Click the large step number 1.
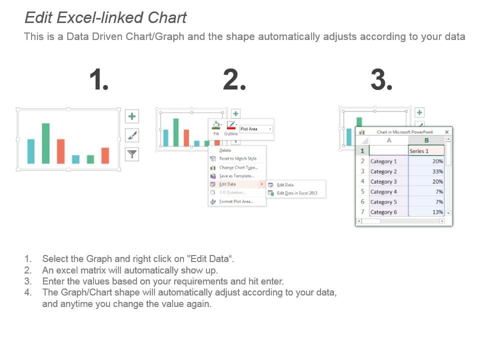click(99, 80)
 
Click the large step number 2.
click(234, 80)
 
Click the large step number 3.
click(381, 80)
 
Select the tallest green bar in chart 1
click(45, 143)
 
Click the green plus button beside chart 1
click(132, 116)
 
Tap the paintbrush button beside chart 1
click(132, 135)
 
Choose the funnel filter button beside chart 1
click(132, 154)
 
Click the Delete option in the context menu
click(225, 150)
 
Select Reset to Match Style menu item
click(237, 159)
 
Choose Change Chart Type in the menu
click(238, 167)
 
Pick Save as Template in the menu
click(236, 176)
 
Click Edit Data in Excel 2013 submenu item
click(296, 193)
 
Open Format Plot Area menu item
click(235, 201)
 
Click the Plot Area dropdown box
click(256, 129)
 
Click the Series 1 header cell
click(426, 151)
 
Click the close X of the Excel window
click(447, 132)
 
